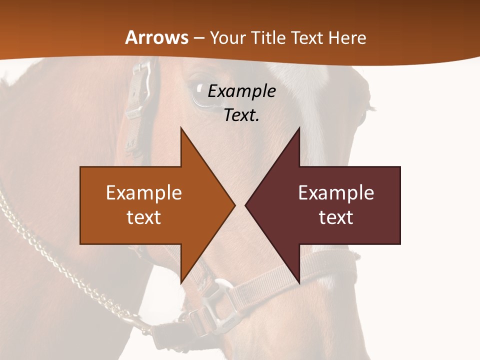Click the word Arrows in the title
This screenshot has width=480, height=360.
click(157, 37)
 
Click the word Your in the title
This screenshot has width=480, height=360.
click(228, 37)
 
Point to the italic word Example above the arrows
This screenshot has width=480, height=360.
click(241, 91)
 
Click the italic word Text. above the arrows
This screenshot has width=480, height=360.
click(241, 115)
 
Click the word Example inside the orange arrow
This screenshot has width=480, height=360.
click(144, 193)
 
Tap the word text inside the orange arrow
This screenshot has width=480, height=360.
click(144, 217)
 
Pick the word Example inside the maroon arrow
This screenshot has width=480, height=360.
click(336, 193)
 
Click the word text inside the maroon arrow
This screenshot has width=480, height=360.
click(336, 217)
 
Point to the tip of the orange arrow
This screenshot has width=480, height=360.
click(233, 205)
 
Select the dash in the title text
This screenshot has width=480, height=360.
click(198, 38)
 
